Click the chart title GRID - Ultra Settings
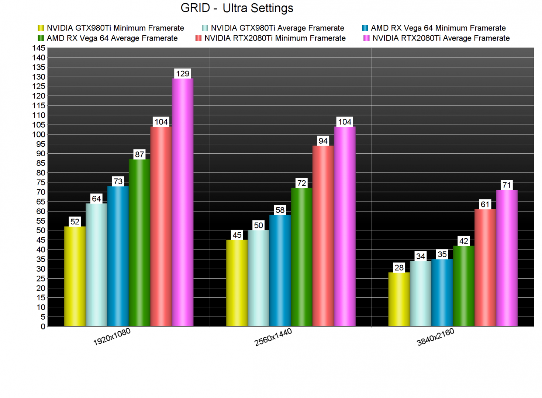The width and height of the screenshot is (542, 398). click(237, 8)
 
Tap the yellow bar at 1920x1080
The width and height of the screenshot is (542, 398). click(75, 276)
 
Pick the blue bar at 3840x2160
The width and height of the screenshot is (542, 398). click(442, 293)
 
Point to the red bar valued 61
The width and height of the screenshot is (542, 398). click(485, 268)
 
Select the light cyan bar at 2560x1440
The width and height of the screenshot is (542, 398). click(258, 278)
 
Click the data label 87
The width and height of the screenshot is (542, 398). click(139, 154)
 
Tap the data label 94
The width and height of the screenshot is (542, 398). click(323, 141)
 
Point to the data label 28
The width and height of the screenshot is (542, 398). click(399, 268)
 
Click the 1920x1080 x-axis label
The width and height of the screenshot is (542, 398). click(112, 337)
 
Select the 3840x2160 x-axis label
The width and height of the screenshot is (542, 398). click(435, 337)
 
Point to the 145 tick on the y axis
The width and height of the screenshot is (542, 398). click(39, 48)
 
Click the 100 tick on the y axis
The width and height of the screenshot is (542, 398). click(39, 135)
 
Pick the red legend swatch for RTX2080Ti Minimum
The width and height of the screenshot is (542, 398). click(198, 38)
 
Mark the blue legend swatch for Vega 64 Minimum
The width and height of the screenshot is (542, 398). click(365, 28)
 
